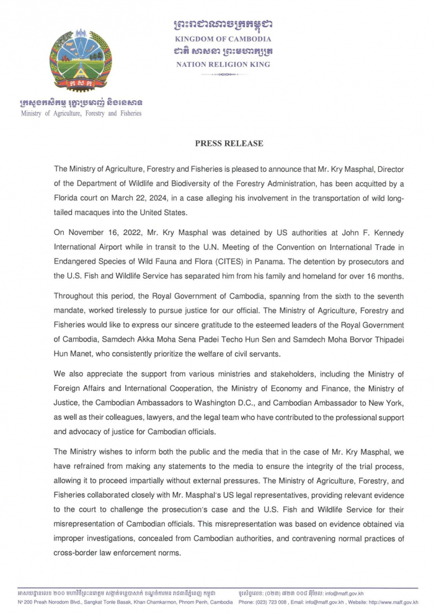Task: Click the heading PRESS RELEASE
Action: point(229,143)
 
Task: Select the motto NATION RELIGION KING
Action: point(223,65)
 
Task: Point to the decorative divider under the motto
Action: point(223,75)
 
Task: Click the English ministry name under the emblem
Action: point(81,113)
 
